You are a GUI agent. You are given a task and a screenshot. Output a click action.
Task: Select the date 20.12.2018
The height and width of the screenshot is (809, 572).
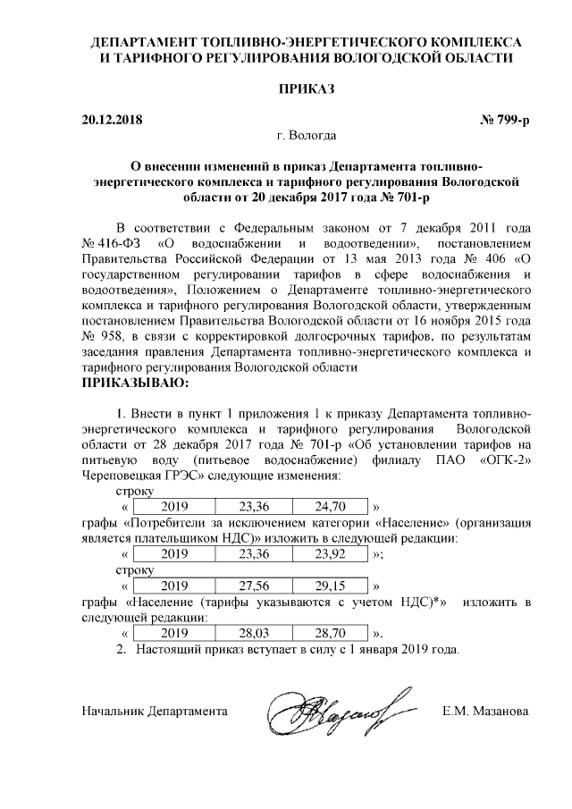(112, 119)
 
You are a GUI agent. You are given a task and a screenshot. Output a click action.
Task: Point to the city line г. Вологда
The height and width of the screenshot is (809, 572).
(307, 136)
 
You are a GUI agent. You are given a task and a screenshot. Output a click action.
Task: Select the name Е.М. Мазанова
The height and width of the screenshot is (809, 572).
(485, 712)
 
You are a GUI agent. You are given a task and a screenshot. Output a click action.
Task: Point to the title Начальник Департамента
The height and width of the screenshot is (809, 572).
(154, 712)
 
